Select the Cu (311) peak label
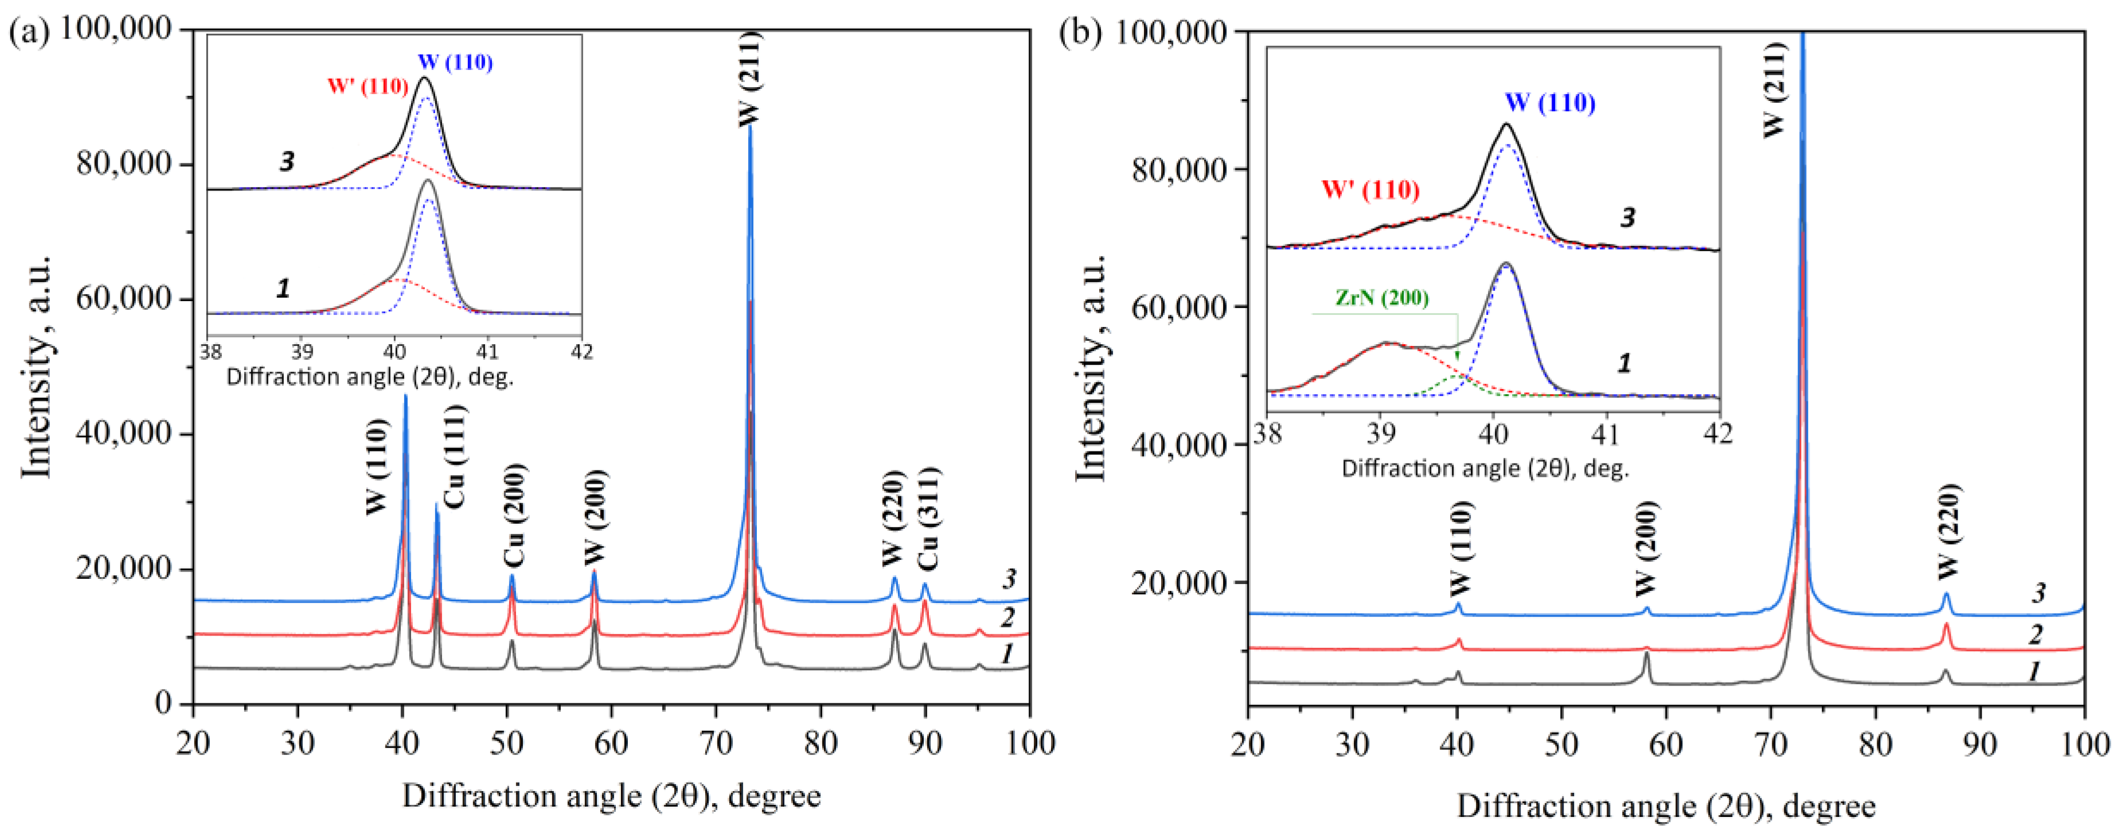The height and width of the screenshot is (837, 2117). (929, 519)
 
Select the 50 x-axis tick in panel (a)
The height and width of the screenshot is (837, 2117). (507, 742)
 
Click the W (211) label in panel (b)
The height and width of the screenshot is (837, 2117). (1774, 91)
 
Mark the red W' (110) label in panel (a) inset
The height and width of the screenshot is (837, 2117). (368, 86)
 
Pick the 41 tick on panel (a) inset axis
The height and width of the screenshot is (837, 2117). (487, 351)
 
